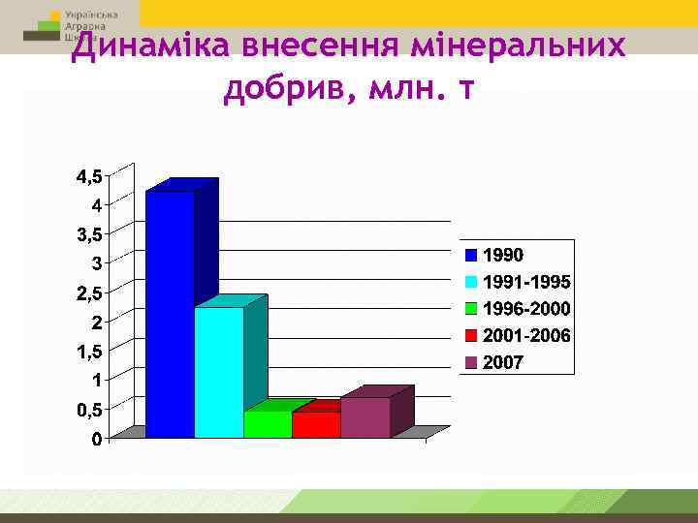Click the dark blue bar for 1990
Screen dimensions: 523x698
[170, 315]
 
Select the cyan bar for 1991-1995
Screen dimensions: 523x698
[219, 373]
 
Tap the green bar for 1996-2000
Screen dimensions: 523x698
[268, 424]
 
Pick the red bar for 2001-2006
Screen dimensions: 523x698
[316, 425]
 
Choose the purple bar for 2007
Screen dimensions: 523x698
[365, 417]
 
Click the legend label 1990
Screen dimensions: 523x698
[503, 256]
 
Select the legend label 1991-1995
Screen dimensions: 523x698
[526, 282]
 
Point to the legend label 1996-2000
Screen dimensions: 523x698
[526, 309]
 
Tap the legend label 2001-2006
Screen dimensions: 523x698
[526, 336]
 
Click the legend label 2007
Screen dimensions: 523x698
[503, 363]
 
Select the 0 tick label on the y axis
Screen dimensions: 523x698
[98, 440]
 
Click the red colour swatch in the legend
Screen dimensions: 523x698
[472, 336]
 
